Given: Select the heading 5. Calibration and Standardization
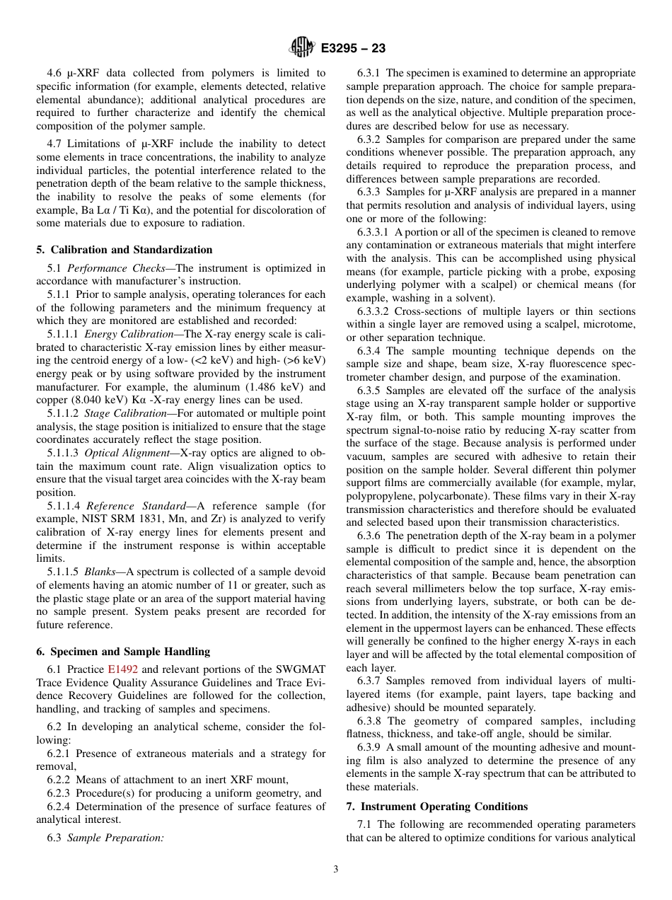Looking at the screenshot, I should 124,250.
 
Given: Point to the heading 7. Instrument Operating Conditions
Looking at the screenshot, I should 436,807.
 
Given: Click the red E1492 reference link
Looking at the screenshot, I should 123,669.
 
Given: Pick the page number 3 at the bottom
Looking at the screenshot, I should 336,870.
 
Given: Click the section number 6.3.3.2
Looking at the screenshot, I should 373,311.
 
